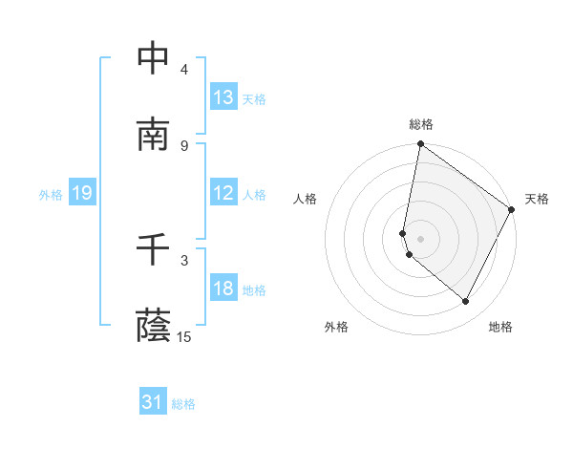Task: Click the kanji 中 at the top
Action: pyautogui.click(x=154, y=58)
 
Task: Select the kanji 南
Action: pyautogui.click(x=154, y=135)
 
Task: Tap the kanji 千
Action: pyautogui.click(x=154, y=249)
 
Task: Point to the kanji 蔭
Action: pyautogui.click(x=154, y=326)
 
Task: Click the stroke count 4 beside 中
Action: pyautogui.click(x=183, y=70)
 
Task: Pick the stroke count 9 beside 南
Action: pyautogui.click(x=183, y=146)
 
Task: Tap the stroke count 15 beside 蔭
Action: pyautogui.click(x=184, y=337)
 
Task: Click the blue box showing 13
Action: pyautogui.click(x=223, y=97)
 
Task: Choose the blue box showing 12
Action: pyautogui.click(x=223, y=193)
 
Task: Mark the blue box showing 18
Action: pyautogui.click(x=223, y=289)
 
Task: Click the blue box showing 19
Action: pyautogui.click(x=82, y=193)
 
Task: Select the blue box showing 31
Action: pyautogui.click(x=154, y=403)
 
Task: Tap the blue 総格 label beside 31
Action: pyautogui.click(x=183, y=405)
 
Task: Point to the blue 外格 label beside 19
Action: pyautogui.click(x=51, y=195)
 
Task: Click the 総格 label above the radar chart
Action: pyautogui.click(x=421, y=124)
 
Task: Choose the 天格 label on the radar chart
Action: pyautogui.click(x=537, y=199)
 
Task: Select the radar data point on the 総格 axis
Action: pyautogui.click(x=420, y=145)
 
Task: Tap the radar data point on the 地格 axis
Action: pyautogui.click(x=466, y=302)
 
